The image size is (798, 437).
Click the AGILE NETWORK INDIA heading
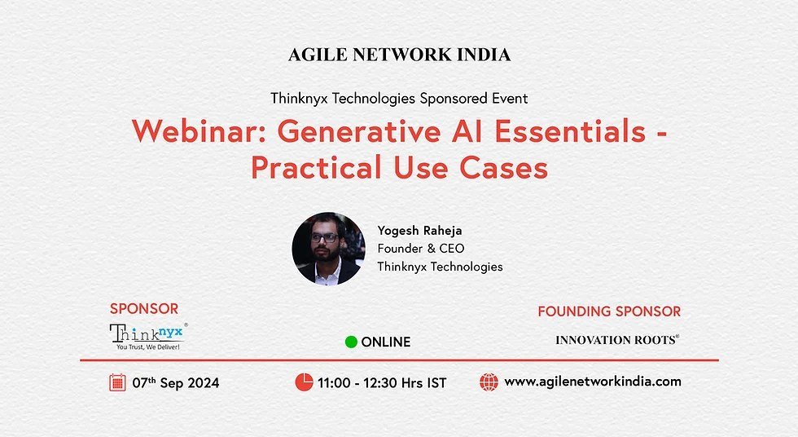[399, 55]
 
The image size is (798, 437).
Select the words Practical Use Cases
[399, 167]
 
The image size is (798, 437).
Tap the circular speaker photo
[328, 249]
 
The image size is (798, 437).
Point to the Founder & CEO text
[421, 248]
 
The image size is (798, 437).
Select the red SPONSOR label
[144, 308]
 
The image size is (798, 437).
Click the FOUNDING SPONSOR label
[609, 311]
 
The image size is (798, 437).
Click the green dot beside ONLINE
[351, 342]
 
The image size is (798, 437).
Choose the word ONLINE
[386, 342]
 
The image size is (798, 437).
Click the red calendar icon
[117, 382]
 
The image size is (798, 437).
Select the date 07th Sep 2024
[176, 382]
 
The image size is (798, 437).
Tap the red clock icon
[304, 382]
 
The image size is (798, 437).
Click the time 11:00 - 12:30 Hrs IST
[382, 382]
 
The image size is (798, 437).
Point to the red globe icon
[489, 382]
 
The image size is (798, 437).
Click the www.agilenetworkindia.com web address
[593, 381]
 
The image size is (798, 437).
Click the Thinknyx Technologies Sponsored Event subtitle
[399, 98]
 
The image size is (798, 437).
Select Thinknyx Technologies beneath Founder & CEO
[440, 266]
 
